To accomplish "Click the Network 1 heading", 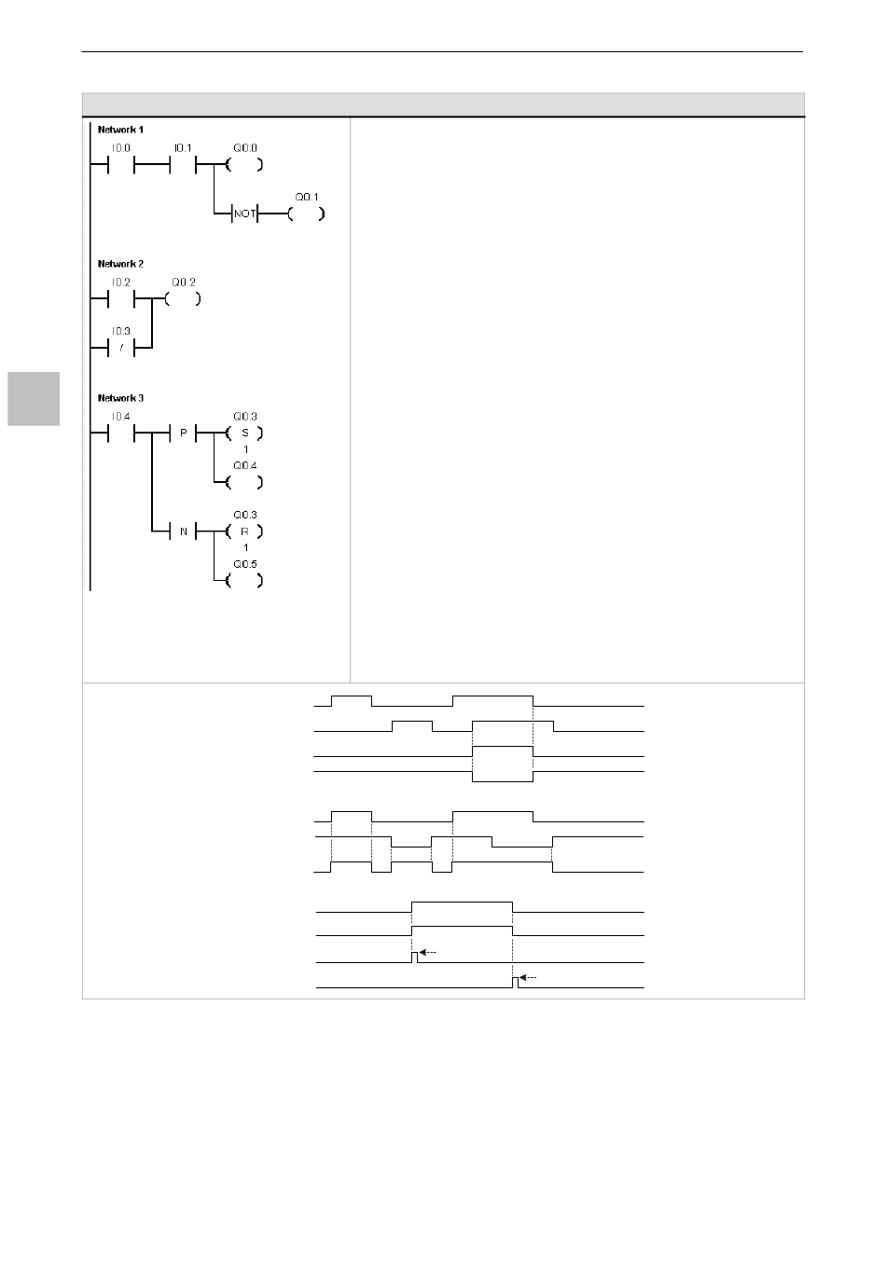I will (x=120, y=130).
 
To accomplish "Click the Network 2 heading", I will (x=120, y=264).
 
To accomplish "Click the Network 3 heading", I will (x=120, y=398).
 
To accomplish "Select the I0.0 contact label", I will (x=121, y=147).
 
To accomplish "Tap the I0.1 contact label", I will (x=182, y=147).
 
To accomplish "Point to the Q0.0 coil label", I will (x=245, y=147).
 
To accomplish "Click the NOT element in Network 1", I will (x=244, y=214).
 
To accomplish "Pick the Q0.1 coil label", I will (x=307, y=198).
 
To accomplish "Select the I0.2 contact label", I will (x=121, y=282).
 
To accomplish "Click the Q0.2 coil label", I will (x=183, y=282).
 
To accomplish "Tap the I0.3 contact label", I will (x=121, y=331).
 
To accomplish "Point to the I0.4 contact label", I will (x=121, y=416).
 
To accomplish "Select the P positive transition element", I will (x=184, y=434).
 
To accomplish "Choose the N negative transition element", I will (x=184, y=531).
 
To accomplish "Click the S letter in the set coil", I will (x=245, y=434).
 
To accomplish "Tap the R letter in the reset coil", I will (x=245, y=531).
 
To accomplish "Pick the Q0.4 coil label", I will (x=245, y=465).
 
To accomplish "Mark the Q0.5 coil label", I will (x=245, y=564).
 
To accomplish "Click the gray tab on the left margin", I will (x=34, y=398).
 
